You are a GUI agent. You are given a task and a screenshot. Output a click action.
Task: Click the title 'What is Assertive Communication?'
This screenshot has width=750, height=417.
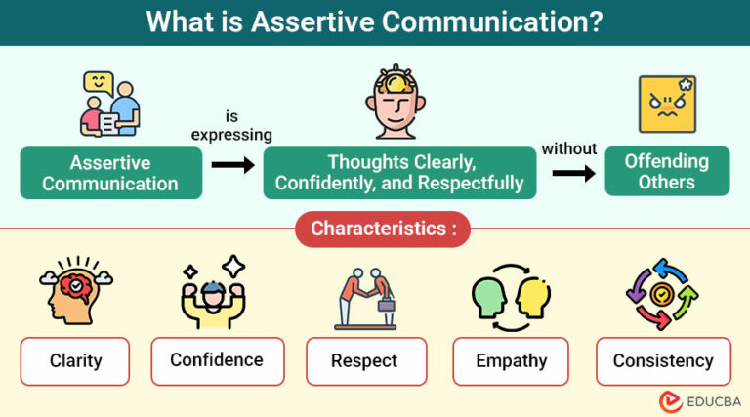(x=375, y=21)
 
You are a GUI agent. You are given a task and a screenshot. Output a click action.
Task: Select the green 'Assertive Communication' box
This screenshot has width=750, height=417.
(x=110, y=173)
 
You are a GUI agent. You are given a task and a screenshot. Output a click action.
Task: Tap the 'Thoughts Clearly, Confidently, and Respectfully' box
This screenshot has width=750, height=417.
(x=399, y=173)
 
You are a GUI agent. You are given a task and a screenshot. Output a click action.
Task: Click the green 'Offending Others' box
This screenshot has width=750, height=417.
(x=667, y=171)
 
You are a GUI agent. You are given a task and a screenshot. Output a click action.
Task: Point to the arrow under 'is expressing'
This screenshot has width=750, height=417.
(x=232, y=165)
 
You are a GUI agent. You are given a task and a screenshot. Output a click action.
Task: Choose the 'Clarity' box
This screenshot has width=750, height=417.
(x=75, y=361)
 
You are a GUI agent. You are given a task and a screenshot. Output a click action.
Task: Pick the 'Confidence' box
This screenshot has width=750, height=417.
(x=217, y=360)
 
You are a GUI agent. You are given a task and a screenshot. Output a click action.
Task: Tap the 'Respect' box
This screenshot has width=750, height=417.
(x=365, y=361)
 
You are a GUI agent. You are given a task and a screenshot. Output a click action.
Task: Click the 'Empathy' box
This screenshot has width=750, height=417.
(x=510, y=361)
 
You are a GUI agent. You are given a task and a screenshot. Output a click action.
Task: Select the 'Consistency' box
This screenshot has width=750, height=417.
(x=663, y=361)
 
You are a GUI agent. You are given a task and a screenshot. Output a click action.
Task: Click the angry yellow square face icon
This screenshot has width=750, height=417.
(x=667, y=104)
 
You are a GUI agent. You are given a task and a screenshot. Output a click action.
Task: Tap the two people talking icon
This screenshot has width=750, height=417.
(x=109, y=104)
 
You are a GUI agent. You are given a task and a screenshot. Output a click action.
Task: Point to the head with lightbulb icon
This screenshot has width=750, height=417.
(x=399, y=102)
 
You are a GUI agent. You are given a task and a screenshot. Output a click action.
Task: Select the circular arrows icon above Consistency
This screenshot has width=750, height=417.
(x=662, y=293)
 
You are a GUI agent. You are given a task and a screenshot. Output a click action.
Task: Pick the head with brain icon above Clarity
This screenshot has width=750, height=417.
(x=75, y=292)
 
